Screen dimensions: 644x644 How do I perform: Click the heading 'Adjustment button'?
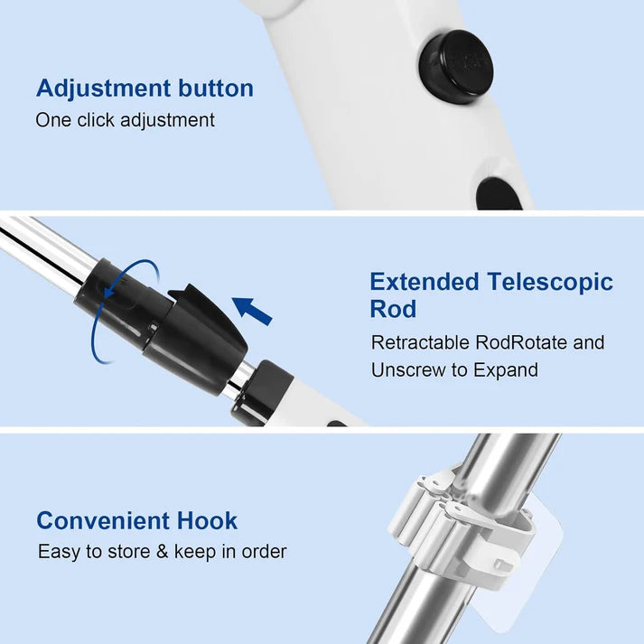[x=145, y=89]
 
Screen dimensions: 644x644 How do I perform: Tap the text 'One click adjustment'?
[x=125, y=120]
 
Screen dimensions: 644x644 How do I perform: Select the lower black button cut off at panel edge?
[x=499, y=193]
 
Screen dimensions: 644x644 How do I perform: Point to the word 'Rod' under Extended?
[x=393, y=310]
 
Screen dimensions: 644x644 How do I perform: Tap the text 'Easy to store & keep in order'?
[x=162, y=551]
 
